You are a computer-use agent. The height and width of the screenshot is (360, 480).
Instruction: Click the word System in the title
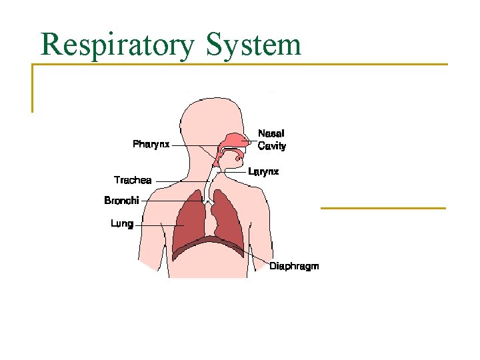(x=253, y=45)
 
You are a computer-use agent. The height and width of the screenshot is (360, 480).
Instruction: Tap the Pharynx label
(x=151, y=144)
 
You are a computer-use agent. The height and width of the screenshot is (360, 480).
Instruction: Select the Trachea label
(x=133, y=180)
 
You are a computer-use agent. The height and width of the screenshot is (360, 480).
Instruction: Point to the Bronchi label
(x=121, y=200)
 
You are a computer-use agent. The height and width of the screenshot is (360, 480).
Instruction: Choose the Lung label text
(x=122, y=224)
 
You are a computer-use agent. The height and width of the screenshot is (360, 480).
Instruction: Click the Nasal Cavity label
(x=271, y=140)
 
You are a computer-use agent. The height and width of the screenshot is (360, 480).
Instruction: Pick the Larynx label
(x=263, y=172)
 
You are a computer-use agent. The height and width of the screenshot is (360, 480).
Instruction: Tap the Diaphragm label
(x=294, y=266)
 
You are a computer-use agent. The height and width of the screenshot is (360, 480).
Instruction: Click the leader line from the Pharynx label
(x=193, y=145)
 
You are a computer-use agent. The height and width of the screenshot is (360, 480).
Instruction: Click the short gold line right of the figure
(x=383, y=208)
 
